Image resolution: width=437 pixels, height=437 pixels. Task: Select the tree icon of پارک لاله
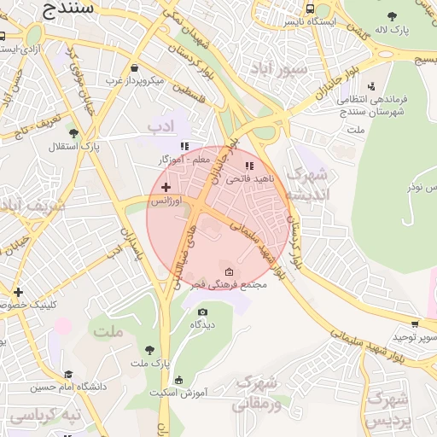392,16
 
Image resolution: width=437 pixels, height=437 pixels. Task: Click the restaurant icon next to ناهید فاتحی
249,166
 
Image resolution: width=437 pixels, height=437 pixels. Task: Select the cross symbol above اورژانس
166,186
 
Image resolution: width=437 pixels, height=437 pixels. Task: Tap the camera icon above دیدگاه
202,312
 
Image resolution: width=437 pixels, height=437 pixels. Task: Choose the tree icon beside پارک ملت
150,350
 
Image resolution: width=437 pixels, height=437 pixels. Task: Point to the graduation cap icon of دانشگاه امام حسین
68,374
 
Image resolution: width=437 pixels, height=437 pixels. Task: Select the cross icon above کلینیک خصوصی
19,292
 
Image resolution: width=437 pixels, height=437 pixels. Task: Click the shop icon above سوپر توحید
415,324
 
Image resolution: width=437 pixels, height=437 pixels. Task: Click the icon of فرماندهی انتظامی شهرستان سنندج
370,86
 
